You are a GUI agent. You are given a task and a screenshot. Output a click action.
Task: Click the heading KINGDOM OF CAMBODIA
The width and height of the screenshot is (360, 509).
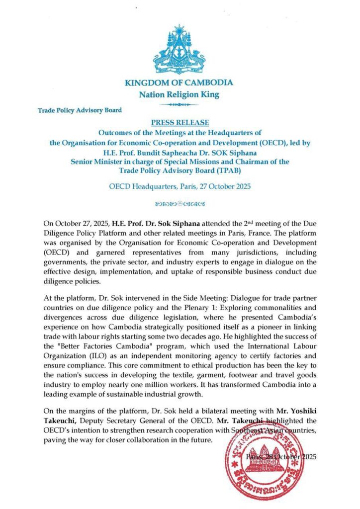click(x=180, y=83)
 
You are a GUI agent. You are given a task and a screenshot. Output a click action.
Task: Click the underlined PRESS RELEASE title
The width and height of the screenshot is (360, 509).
click(x=180, y=122)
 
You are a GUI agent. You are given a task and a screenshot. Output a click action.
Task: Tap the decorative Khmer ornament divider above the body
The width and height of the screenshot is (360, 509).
click(x=180, y=203)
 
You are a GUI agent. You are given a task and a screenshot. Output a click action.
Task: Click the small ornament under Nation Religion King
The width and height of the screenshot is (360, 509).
click(x=180, y=104)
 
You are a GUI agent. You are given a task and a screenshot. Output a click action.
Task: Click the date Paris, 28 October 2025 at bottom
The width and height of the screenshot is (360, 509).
click(x=281, y=456)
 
